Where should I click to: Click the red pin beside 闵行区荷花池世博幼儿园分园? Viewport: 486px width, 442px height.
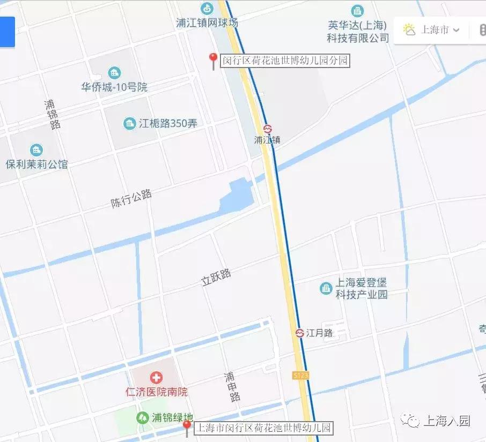coord(213,59)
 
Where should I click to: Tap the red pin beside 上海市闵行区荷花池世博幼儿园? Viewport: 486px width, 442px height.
coord(186,427)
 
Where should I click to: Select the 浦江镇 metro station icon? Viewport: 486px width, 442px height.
coord(267,129)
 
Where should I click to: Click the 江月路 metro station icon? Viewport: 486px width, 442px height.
coord(300,333)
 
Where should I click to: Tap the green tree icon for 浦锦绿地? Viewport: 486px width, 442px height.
coord(142,417)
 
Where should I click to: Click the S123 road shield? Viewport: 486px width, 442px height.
coord(301,376)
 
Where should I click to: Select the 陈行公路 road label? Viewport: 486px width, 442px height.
coord(131,198)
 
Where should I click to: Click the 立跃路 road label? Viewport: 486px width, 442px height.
coord(216,278)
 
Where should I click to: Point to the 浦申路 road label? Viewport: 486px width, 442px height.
coord(232,387)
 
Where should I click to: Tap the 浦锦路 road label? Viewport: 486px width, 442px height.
coord(52,114)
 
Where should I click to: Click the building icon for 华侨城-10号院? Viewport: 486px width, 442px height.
coord(114,73)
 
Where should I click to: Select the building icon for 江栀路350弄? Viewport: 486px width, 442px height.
coord(130,124)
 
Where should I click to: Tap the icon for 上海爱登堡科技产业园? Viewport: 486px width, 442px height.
coord(326,288)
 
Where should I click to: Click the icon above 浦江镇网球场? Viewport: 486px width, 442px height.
coord(207,9)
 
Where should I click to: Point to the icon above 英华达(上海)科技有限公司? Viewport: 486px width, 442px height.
coord(357,10)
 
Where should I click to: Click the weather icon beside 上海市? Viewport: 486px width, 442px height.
coord(410,29)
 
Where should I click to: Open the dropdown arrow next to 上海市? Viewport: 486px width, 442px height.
coord(456,30)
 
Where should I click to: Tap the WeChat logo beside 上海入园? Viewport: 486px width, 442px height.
coord(412,421)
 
